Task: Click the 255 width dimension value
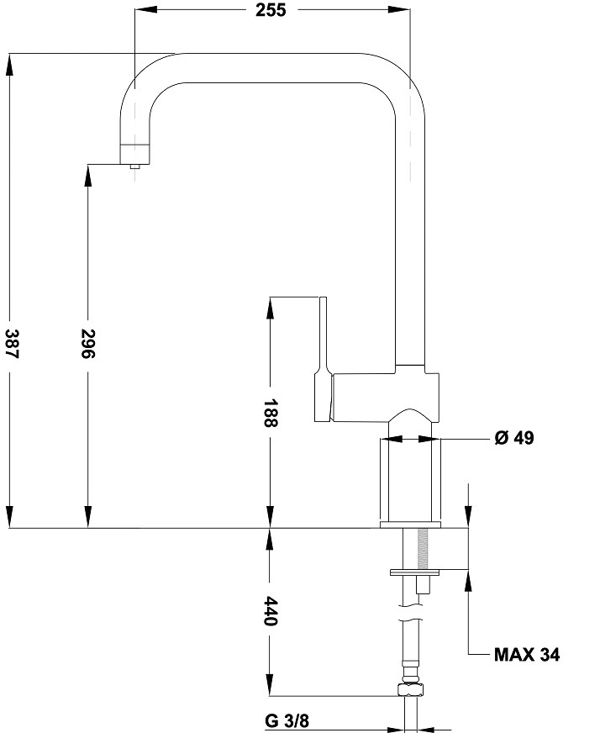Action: coord(271,10)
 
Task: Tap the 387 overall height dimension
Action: coord(12,344)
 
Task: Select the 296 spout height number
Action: coord(88,344)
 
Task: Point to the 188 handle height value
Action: coord(270,413)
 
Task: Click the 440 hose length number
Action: coord(270,610)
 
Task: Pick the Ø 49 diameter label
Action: coord(514,438)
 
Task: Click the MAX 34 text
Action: coord(527,655)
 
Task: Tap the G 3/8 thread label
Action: coord(287,721)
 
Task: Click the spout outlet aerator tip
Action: coord(135,166)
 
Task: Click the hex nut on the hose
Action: coord(411,689)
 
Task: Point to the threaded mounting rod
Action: coord(424,549)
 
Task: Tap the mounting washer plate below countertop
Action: coord(415,572)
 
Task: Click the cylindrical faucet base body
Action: coord(410,481)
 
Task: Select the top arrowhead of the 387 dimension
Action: coord(9,65)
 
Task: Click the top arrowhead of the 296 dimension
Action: coord(88,175)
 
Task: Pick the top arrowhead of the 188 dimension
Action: coord(270,308)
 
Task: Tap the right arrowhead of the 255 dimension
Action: coord(399,10)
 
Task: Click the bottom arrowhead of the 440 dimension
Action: coord(270,685)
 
